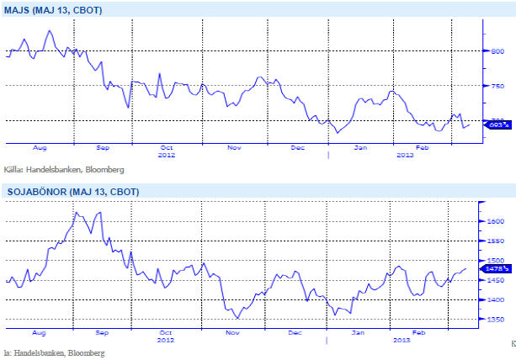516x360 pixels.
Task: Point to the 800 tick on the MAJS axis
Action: click(497, 50)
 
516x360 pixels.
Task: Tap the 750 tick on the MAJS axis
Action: click(497, 86)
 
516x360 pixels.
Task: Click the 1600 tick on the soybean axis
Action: click(497, 221)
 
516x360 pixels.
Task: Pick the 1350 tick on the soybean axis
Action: click(497, 320)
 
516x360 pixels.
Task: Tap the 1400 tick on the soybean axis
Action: click(497, 299)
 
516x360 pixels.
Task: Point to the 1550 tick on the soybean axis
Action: click(497, 241)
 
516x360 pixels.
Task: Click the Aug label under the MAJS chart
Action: click(40, 147)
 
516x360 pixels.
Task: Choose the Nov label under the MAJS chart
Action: click(234, 147)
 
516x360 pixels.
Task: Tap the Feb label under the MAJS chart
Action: click(423, 147)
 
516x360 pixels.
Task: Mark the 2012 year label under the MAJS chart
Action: click(167, 155)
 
